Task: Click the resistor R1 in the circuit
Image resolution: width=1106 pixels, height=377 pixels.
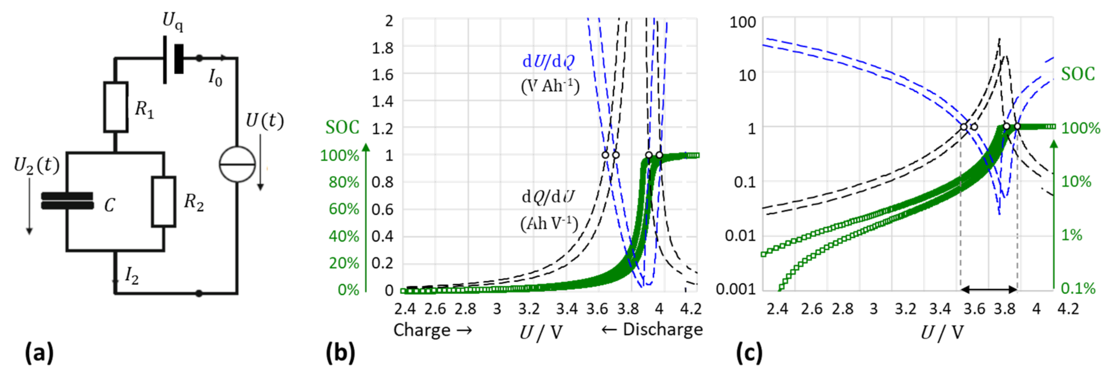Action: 116,107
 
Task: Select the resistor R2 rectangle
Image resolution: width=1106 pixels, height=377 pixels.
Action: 164,202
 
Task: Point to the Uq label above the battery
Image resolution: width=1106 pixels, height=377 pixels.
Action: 173,22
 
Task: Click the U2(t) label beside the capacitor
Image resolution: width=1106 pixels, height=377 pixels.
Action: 37,165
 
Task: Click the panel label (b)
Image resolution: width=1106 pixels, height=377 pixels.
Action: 340,353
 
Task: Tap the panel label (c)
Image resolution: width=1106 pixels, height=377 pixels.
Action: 749,353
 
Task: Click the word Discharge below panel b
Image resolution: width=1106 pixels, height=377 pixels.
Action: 663,330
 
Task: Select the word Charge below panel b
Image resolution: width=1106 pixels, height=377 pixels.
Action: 422,330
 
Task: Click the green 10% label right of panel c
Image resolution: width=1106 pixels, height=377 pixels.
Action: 1076,182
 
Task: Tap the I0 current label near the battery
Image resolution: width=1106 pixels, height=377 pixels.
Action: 215,78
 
